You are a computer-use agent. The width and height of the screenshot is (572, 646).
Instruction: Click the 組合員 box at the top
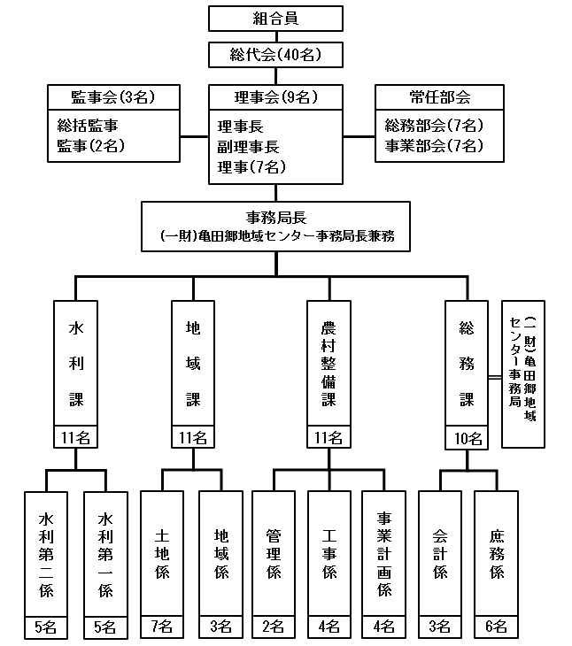(274, 19)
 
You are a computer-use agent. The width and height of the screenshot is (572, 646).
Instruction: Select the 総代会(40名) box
(274, 55)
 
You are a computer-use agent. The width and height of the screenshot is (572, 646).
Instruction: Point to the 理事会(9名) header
(275, 96)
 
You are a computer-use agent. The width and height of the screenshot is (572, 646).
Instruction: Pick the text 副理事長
(249, 146)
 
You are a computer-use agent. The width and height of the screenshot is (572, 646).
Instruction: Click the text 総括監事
(88, 126)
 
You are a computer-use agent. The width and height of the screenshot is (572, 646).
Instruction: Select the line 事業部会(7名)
(434, 145)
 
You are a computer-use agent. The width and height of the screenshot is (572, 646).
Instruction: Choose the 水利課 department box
(75, 363)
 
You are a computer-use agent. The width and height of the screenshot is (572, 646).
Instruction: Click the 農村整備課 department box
(329, 363)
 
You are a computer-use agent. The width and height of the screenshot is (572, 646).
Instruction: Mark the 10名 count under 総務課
(468, 437)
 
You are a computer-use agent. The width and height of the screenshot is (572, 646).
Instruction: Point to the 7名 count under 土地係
(162, 627)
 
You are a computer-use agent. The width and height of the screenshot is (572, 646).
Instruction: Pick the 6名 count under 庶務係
(497, 627)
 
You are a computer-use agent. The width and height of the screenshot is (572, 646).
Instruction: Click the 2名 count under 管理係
(274, 627)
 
